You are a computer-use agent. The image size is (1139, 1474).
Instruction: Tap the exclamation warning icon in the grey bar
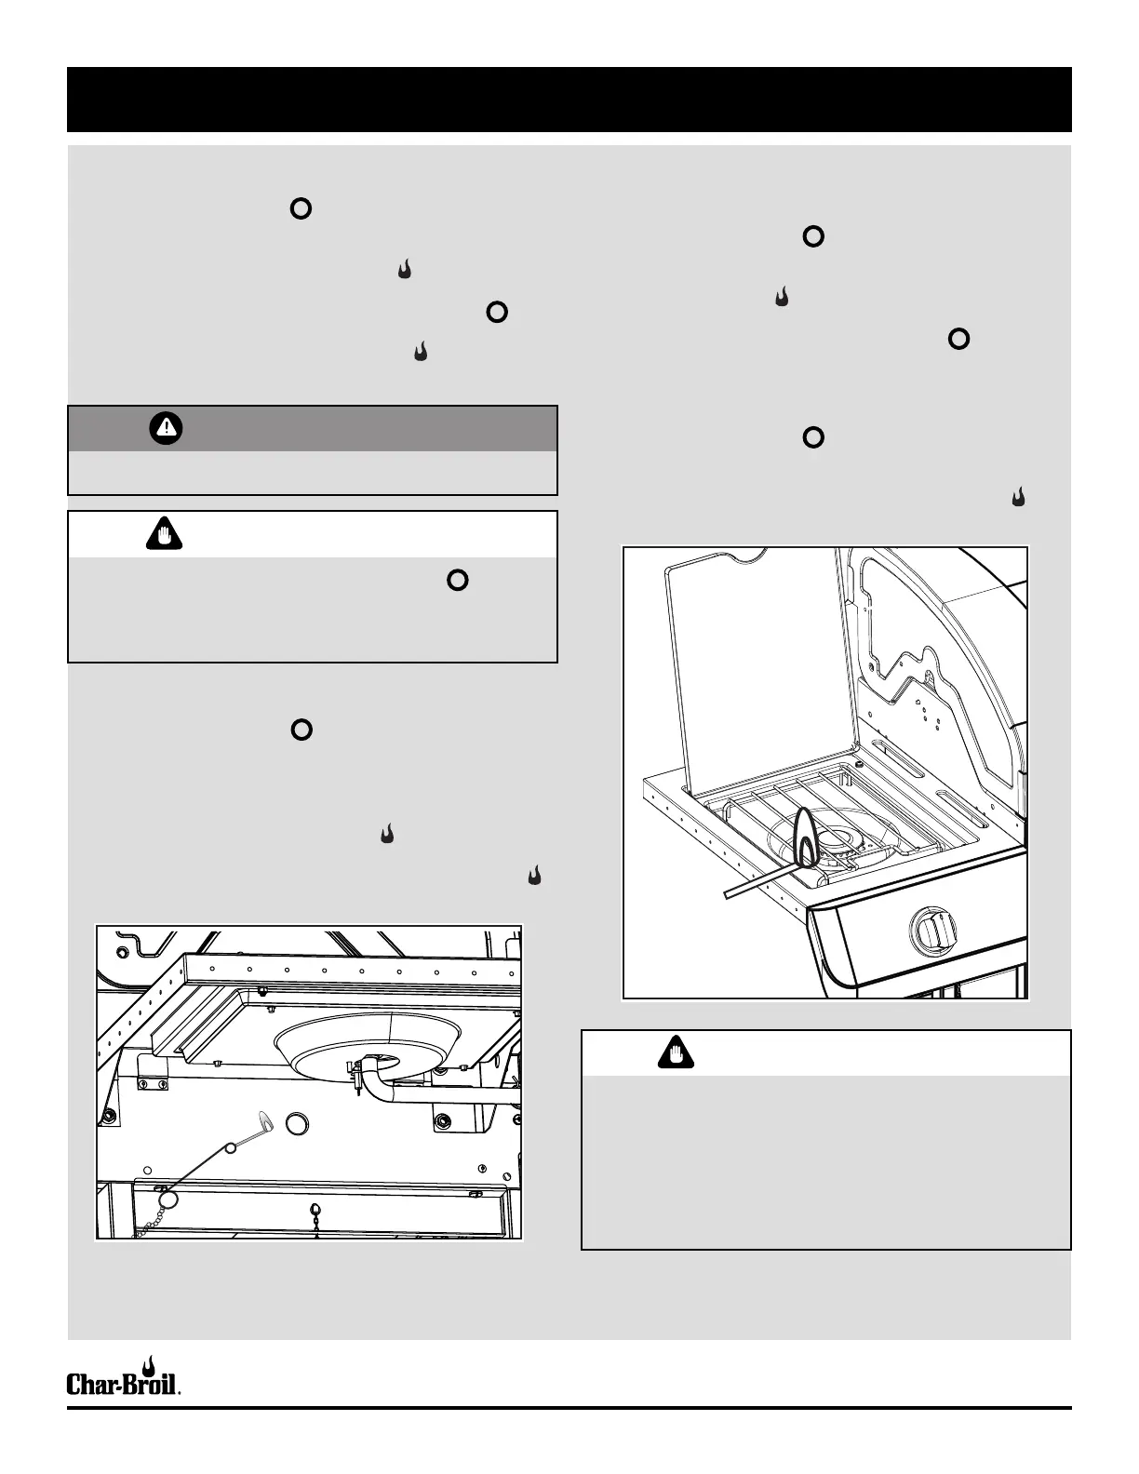coord(166,428)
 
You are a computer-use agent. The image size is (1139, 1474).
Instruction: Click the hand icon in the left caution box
coord(165,536)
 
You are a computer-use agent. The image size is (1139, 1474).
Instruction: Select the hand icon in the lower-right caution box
coord(676,1054)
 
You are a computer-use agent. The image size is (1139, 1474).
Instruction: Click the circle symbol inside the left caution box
coord(457,580)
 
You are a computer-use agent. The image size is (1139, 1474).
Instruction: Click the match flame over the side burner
coord(806,835)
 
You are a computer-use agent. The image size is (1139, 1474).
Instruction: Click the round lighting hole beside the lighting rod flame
coord(297,1124)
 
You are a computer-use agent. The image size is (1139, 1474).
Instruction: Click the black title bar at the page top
coord(569,99)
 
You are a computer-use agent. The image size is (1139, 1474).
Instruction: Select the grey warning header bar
coord(313,428)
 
